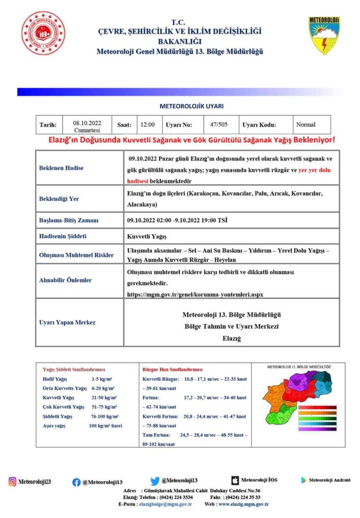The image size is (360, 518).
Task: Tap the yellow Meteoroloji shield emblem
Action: click(324, 35)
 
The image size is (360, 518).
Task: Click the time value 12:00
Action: click(147, 124)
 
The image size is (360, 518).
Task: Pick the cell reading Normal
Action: click(305, 124)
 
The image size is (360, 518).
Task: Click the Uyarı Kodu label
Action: click(259, 124)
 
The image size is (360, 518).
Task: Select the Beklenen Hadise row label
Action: click(61, 167)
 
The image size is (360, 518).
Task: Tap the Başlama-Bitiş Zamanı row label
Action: click(69, 221)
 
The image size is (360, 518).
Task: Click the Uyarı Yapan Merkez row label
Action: click(67, 322)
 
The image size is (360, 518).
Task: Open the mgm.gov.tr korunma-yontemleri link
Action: click(195, 294)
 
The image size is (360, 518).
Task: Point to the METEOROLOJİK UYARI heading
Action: click(191, 107)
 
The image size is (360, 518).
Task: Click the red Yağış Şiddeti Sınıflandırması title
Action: click(74, 369)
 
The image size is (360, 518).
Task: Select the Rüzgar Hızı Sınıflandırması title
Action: click(172, 369)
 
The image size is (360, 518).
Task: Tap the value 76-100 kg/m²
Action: click(105, 416)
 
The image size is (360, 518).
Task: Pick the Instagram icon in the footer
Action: click(12, 482)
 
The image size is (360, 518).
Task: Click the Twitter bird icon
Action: click(155, 481)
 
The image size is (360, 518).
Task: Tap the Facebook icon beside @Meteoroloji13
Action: click(76, 482)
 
